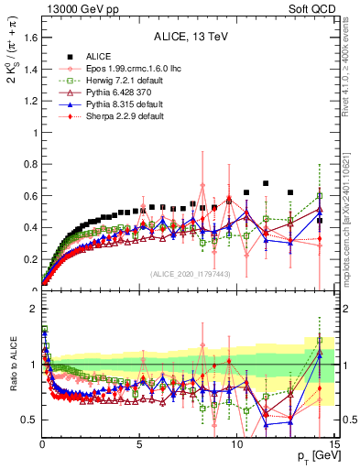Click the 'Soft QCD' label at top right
point(312,8)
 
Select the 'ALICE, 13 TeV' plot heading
point(189,38)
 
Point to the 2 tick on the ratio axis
point(33,309)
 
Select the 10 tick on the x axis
point(236,444)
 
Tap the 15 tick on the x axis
point(333,444)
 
